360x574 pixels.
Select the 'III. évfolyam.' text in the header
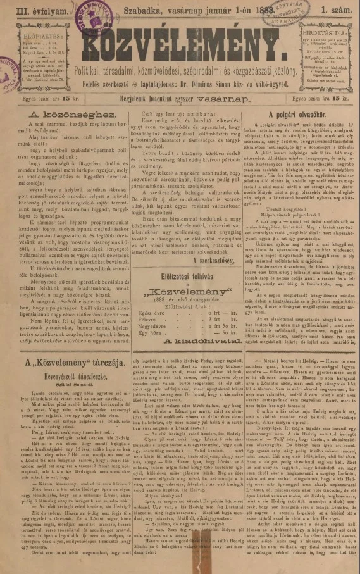point(27,8)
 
